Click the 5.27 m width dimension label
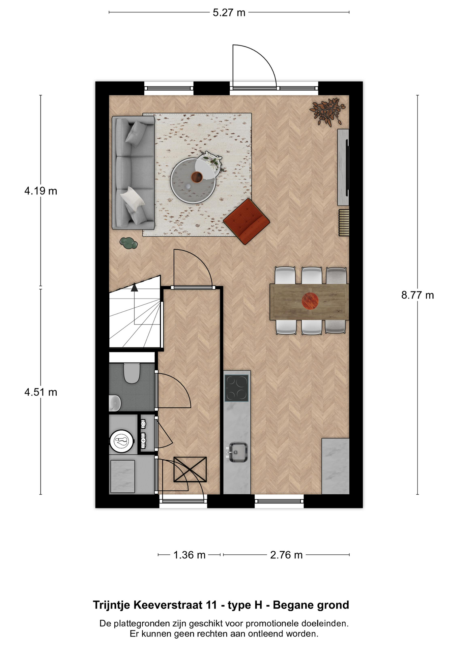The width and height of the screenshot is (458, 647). pyautogui.click(x=229, y=13)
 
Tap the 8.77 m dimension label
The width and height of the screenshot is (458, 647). pyautogui.click(x=417, y=295)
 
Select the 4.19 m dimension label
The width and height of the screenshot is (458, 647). pyautogui.click(x=41, y=191)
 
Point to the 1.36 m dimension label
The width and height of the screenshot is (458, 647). pyautogui.click(x=189, y=555)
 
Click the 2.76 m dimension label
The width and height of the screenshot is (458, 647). pyautogui.click(x=286, y=555)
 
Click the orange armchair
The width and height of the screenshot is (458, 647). pyautogui.click(x=247, y=221)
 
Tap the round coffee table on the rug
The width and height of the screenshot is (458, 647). pyautogui.click(x=193, y=181)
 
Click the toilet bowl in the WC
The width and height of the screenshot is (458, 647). pyautogui.click(x=132, y=373)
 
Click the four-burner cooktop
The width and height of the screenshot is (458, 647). pyautogui.click(x=237, y=388)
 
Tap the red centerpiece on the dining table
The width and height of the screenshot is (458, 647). pyautogui.click(x=310, y=301)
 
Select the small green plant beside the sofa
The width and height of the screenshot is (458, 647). pyautogui.click(x=128, y=243)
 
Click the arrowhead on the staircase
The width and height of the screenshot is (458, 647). pyautogui.click(x=135, y=287)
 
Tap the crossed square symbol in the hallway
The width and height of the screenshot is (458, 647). pyautogui.click(x=190, y=469)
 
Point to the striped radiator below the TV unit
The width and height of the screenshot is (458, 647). pyautogui.click(x=344, y=223)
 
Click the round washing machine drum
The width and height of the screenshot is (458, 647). pyautogui.click(x=121, y=440)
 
